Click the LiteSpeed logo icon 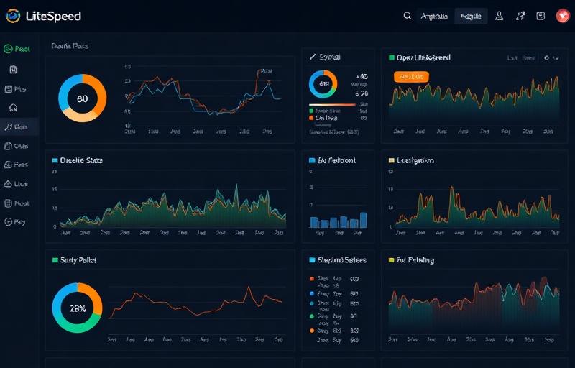(x=13, y=16)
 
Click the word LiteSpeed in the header (x=53, y=16)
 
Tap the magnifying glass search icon (x=408, y=16)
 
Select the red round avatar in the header (x=562, y=16)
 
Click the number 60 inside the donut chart (x=82, y=98)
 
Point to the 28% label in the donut (x=78, y=308)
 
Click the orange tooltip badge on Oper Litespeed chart (x=411, y=75)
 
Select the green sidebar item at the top (x=17, y=49)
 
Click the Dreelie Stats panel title (x=81, y=160)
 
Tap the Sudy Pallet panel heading (x=78, y=259)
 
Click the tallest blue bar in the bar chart (x=364, y=219)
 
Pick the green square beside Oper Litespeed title (x=392, y=57)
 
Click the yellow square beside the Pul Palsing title (x=392, y=260)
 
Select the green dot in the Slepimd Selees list (x=312, y=304)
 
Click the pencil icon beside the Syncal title (x=313, y=56)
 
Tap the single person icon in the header (x=500, y=16)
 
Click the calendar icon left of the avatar (x=540, y=16)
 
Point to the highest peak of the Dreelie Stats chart (x=236, y=188)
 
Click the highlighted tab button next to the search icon (x=471, y=16)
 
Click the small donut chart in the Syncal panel (x=323, y=83)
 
